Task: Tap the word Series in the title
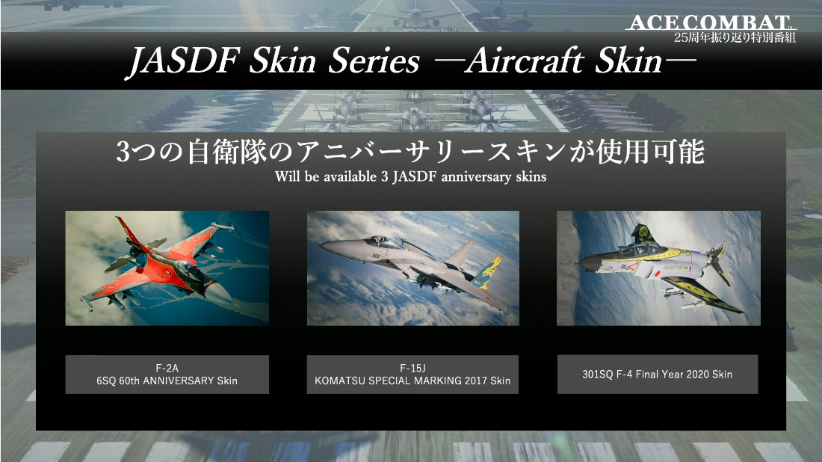[x=374, y=61]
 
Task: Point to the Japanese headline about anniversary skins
[x=410, y=152]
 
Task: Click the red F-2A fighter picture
[x=167, y=268]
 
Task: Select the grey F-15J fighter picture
[x=413, y=268]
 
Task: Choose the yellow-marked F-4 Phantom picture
[x=658, y=268]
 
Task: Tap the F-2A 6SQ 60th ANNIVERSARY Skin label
[x=167, y=375]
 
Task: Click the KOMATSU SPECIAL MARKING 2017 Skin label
[x=412, y=375]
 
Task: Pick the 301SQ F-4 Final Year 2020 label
[x=658, y=375]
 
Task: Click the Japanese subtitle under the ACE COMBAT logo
[x=735, y=37]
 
